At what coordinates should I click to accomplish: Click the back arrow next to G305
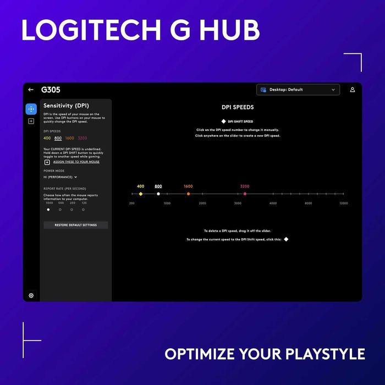point(31,90)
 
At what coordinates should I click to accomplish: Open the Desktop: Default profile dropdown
point(298,90)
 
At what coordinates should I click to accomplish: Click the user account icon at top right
point(353,90)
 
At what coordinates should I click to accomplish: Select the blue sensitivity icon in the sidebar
point(31,109)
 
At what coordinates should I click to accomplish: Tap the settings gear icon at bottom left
point(31,295)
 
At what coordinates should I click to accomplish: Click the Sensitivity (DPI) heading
point(66,106)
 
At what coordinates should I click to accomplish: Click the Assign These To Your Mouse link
point(76,162)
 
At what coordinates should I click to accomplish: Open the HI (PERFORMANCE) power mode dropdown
point(61,177)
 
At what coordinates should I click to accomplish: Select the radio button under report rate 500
point(60,210)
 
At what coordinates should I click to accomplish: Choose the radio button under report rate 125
point(84,210)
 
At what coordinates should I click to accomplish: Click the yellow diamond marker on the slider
point(141,194)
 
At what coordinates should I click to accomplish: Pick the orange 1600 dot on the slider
point(188,194)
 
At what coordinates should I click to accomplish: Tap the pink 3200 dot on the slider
point(245,194)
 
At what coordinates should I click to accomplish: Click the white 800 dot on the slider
point(158,194)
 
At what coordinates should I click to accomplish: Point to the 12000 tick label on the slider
point(343,204)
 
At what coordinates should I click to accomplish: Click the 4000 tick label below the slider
point(273,204)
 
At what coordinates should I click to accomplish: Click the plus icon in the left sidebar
point(31,121)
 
